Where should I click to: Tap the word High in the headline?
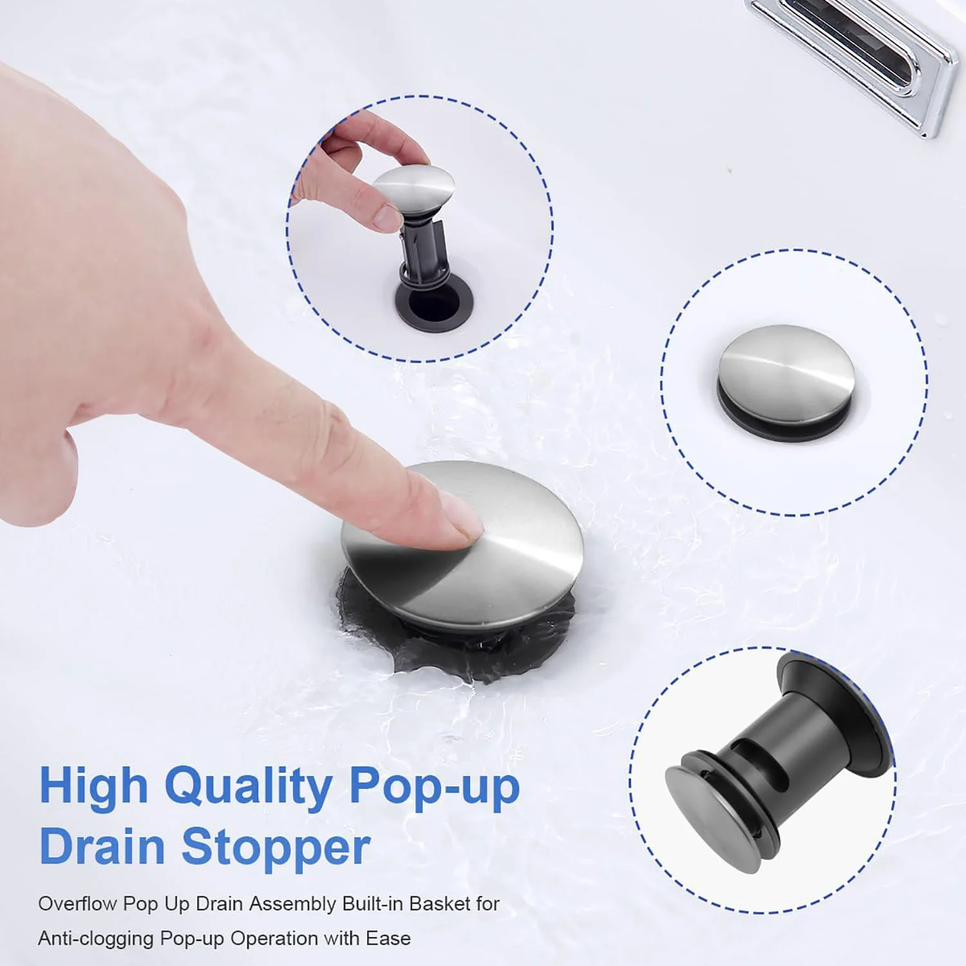pos(94,786)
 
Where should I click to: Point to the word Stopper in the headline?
pos(276,848)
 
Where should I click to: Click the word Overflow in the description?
pos(77,904)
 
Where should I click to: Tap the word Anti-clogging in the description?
pos(96,938)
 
